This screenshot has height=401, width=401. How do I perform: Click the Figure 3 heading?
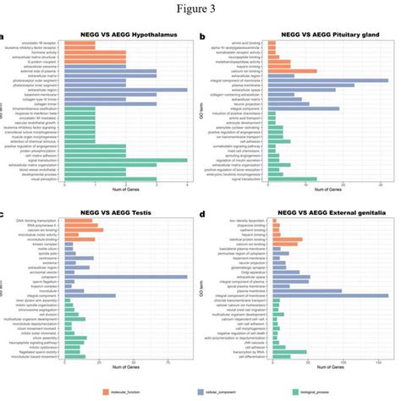(x=200, y=10)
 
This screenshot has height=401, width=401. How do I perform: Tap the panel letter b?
(x=201, y=37)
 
